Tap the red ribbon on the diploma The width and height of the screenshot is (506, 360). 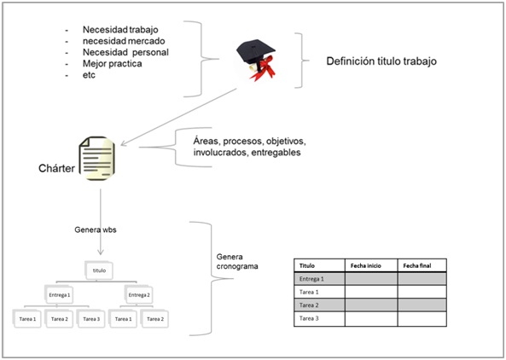[264, 68]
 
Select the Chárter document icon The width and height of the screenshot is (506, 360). [97, 158]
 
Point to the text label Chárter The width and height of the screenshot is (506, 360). [56, 168]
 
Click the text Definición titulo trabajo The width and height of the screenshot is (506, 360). [381, 61]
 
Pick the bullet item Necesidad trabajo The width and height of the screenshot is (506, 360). [120, 30]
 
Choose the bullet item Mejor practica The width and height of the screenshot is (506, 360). [112, 63]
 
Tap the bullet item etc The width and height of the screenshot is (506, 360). [89, 75]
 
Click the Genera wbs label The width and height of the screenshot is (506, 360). [96, 229]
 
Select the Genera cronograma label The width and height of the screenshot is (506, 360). [237, 261]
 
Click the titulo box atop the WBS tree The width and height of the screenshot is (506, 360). [99, 270]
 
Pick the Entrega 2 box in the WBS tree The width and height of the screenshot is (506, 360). [139, 294]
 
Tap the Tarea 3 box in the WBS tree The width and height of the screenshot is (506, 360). [91, 319]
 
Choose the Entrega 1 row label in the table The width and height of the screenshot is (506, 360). [311, 279]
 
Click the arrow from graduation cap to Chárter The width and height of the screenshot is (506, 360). [178, 117]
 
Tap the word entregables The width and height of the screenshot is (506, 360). [276, 152]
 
